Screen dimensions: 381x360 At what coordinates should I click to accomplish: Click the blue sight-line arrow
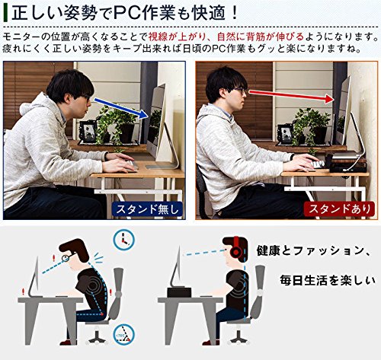click(x=121, y=109)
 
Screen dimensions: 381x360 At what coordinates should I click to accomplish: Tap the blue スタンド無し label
click(x=148, y=209)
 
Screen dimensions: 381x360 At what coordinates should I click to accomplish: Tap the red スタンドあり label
click(x=339, y=209)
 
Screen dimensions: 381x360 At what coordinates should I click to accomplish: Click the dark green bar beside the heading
click(x=5, y=14)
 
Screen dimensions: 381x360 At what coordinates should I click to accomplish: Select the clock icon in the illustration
click(x=124, y=239)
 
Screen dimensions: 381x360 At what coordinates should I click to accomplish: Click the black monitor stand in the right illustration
click(x=179, y=292)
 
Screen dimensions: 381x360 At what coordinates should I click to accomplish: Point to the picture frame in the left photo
click(x=88, y=132)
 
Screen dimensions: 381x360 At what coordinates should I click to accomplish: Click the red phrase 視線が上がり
click(x=177, y=37)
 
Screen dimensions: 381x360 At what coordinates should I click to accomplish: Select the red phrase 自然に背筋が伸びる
click(x=261, y=37)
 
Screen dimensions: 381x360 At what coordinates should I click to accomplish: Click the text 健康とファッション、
click(x=313, y=251)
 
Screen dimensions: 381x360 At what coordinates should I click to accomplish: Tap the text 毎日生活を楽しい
click(x=327, y=280)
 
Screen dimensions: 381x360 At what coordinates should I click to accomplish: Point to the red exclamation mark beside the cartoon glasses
click(x=53, y=259)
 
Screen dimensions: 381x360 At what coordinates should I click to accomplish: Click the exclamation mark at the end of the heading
click(x=234, y=13)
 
